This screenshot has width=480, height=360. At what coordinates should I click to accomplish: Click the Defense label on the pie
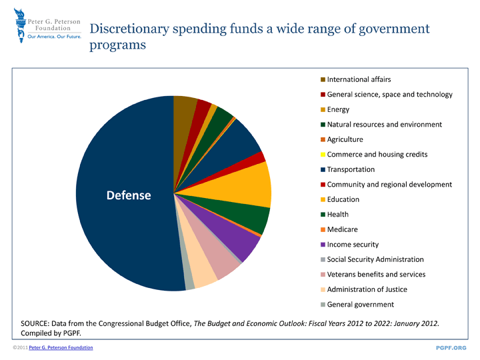(x=129, y=195)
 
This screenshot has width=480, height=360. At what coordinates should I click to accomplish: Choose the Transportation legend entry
(x=351, y=169)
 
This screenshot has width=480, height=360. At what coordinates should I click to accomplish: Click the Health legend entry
(x=338, y=215)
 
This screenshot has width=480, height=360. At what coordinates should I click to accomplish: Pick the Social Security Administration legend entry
(x=375, y=259)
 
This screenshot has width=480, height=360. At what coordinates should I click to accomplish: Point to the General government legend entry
(x=360, y=305)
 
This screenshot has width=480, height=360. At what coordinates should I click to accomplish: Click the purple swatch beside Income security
(x=323, y=245)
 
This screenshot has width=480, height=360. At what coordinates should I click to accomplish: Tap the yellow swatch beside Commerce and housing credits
(x=323, y=155)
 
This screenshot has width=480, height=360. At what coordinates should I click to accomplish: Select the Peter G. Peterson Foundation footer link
(x=61, y=348)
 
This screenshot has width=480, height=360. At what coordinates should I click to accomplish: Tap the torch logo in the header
(x=17, y=27)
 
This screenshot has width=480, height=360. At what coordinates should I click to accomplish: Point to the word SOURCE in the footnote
(x=39, y=323)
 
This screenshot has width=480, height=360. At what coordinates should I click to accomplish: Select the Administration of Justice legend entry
(x=367, y=289)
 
